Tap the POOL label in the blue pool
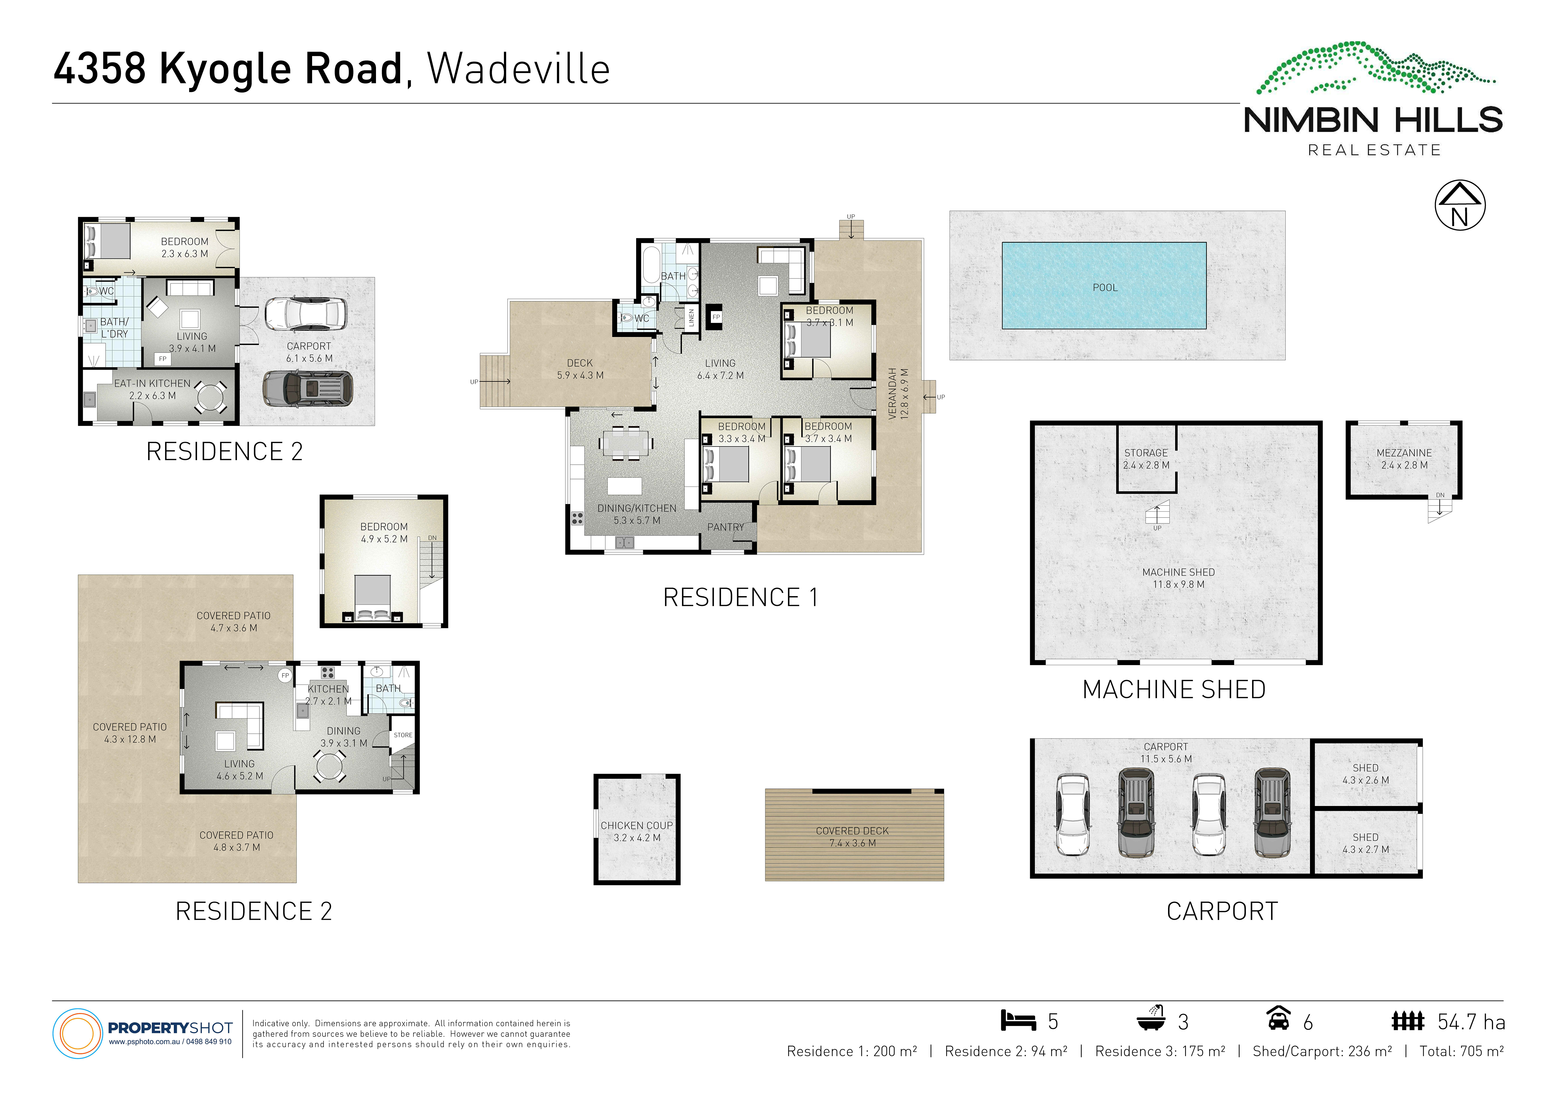[1105, 287]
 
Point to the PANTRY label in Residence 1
[725, 527]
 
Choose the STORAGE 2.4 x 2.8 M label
[1146, 459]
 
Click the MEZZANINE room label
[1404, 453]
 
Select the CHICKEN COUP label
[636, 825]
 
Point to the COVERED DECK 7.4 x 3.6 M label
[853, 837]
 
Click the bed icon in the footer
[1019, 1020]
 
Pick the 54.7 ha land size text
[1471, 1022]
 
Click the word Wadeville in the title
[518, 69]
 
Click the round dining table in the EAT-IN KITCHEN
[212, 398]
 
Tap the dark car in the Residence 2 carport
[308, 389]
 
